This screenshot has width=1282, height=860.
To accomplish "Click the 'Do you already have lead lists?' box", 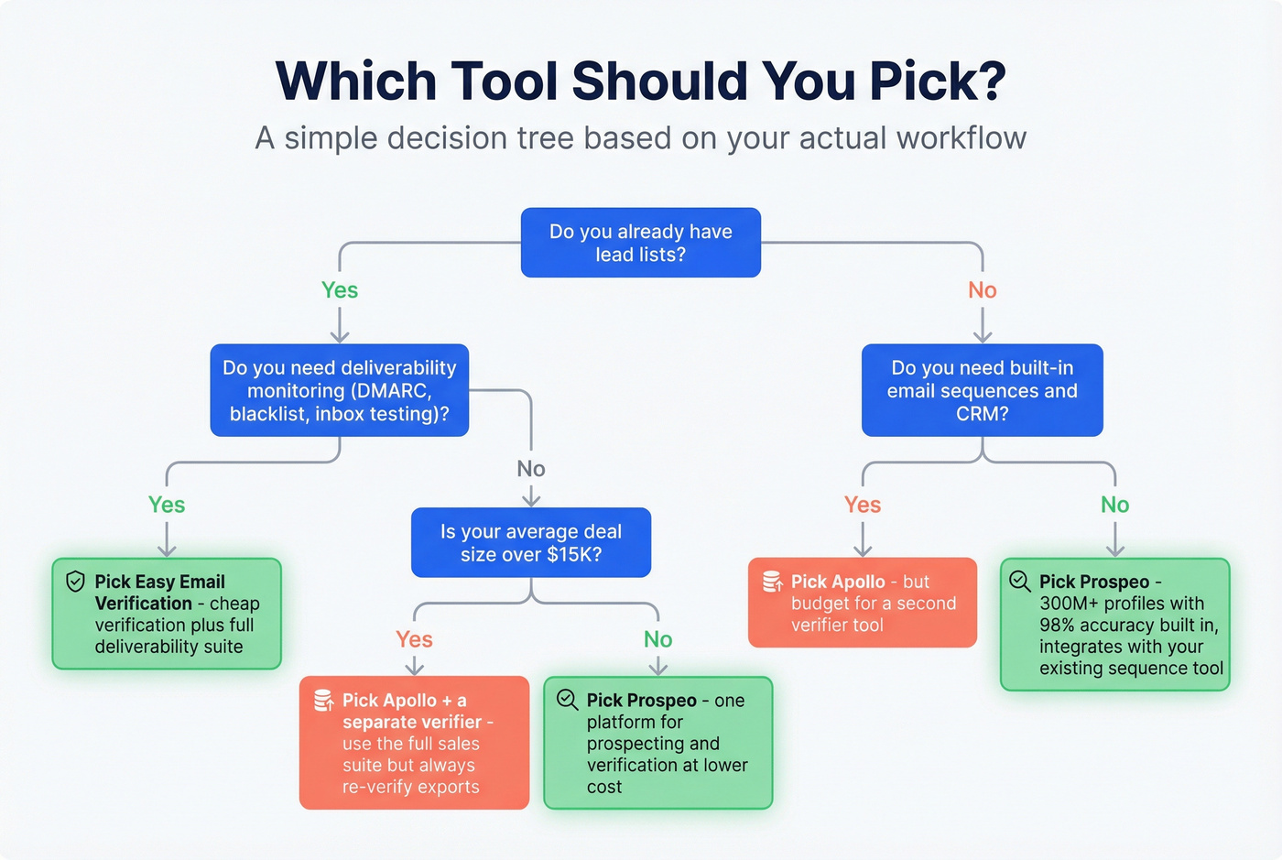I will click(640, 243).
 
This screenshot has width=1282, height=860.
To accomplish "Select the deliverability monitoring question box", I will click(339, 390).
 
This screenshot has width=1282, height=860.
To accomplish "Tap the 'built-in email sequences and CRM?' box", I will click(982, 390).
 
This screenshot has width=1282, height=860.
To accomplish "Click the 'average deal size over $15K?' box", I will click(530, 542).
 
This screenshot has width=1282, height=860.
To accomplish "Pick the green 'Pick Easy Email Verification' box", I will click(167, 614).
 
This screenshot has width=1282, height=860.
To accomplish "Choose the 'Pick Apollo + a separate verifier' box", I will click(414, 743).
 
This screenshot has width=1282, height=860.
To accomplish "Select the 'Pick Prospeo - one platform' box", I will click(657, 743).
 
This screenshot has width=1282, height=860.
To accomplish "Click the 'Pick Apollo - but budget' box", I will click(862, 603).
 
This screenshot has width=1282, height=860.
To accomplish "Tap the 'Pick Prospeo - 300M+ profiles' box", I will click(1114, 625).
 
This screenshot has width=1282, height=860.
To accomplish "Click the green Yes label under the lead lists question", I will click(340, 290).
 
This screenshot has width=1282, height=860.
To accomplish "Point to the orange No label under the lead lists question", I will click(982, 290).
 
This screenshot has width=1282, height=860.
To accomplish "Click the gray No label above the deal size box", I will click(531, 469).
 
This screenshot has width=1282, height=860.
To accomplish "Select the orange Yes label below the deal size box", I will click(414, 639).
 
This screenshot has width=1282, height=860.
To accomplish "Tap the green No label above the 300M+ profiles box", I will click(1114, 505).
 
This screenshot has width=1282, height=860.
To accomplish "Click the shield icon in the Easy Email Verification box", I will click(76, 582).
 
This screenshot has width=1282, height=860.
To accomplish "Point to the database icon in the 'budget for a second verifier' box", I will click(772, 582).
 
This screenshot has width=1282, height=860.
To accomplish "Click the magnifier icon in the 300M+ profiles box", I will click(1019, 581).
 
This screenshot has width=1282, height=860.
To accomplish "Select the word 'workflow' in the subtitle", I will click(961, 138).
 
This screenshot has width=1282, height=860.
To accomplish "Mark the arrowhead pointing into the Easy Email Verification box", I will click(167, 550).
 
